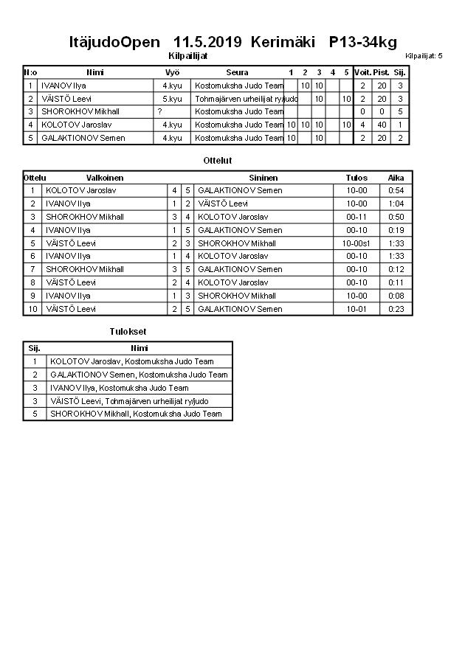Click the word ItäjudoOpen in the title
(114, 42)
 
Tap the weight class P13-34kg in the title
(362, 42)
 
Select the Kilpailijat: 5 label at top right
(424, 56)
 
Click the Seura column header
(238, 72)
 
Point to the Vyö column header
(172, 72)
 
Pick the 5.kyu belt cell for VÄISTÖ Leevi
(172, 99)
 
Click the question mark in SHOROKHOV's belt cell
(159, 112)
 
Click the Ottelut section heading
(217, 160)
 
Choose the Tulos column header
(356, 178)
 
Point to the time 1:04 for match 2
(396, 204)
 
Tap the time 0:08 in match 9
(396, 296)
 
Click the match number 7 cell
(32, 270)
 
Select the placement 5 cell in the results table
(34, 414)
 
